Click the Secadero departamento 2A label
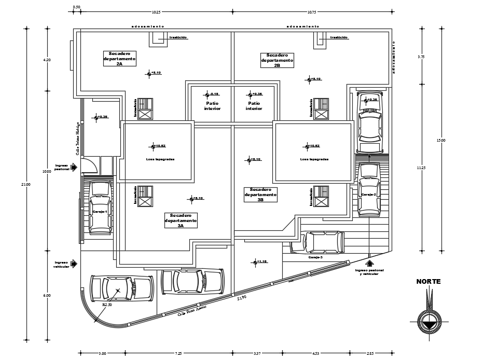pos(119,59)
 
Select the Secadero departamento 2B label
pos(277,60)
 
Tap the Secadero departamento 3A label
pos(181,220)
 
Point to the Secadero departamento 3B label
pos(260,195)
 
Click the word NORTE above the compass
pos(428,282)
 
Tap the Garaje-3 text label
pos(315,257)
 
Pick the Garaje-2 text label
pos(368,195)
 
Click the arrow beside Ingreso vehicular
pos(74,264)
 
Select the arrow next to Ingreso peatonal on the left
pos(74,167)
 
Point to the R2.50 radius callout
pos(107,305)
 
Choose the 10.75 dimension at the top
pos(311,11)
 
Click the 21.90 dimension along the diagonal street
pos(242,298)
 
